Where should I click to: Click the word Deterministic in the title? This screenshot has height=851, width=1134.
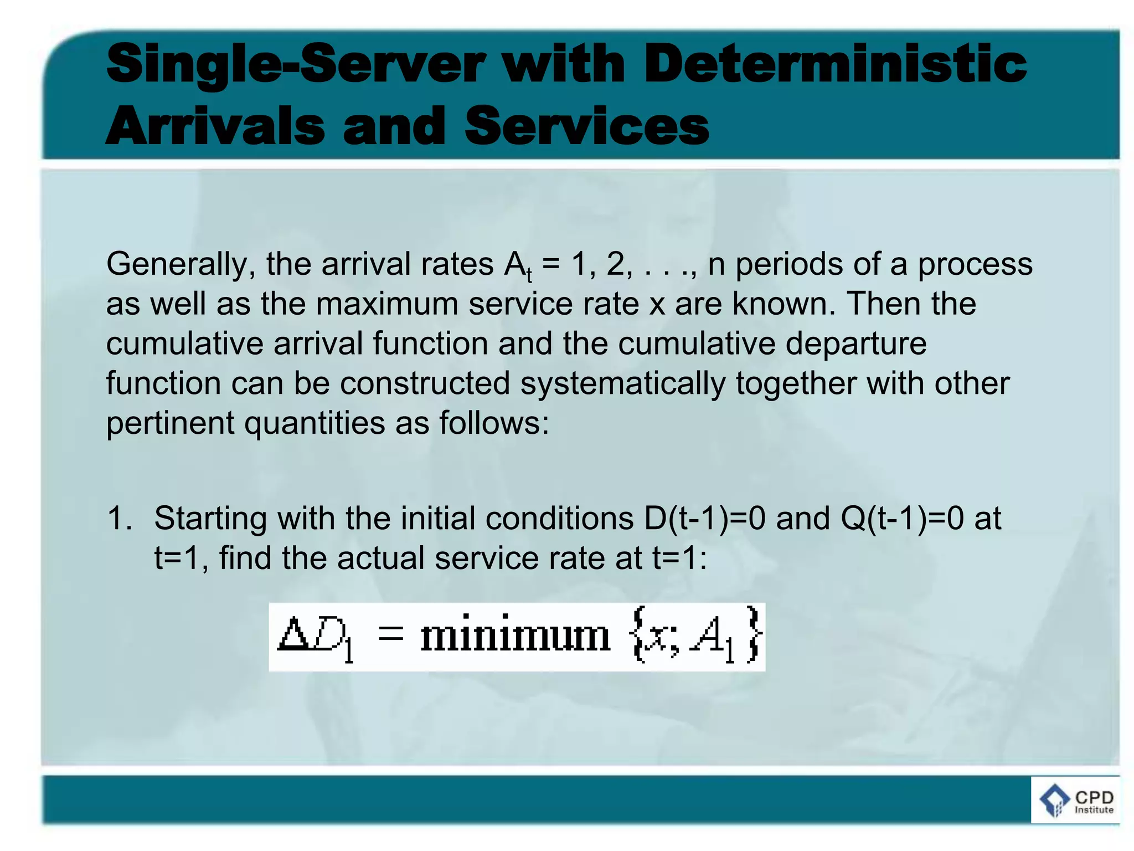(835, 65)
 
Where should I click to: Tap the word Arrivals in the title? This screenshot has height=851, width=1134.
(215, 126)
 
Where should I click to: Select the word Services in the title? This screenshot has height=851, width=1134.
(587, 126)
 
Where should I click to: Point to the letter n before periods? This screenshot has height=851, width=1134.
(717, 265)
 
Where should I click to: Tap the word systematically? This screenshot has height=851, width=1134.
(623, 383)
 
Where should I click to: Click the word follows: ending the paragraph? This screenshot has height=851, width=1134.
(494, 423)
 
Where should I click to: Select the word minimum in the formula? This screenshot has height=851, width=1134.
(515, 636)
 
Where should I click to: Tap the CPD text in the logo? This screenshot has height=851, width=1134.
(1094, 797)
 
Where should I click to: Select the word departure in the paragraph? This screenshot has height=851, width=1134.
(855, 344)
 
